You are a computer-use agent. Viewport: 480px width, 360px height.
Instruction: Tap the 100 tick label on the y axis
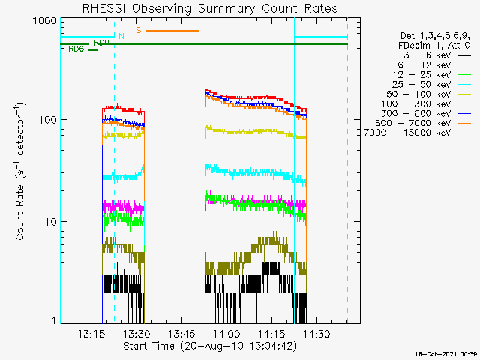click(x=47, y=120)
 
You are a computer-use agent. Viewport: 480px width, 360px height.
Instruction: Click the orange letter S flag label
click(x=138, y=31)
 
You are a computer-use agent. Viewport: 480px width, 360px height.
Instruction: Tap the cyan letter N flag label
click(x=121, y=36)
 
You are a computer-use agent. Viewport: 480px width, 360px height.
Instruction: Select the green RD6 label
click(x=76, y=49)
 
